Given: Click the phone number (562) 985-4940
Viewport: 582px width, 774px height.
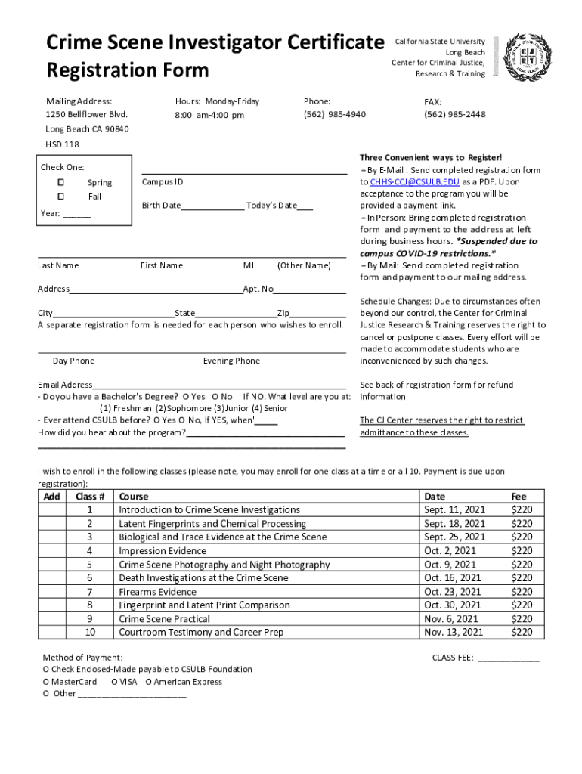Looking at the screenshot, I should (334, 115).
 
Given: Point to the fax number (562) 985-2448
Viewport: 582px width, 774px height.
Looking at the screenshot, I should (455, 115).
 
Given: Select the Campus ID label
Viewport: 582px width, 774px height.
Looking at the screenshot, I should (163, 182).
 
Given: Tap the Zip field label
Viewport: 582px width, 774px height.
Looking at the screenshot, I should (283, 313).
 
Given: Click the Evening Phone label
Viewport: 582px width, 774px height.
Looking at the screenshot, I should (231, 361).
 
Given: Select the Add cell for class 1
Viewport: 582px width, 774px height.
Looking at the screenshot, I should (52, 510).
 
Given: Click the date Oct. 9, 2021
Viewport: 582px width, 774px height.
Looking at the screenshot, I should (450, 565).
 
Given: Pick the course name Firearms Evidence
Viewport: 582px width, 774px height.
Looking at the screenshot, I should (157, 592).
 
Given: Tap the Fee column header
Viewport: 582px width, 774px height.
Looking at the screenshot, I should (519, 497).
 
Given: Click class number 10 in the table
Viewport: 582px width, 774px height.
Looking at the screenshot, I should (90, 633).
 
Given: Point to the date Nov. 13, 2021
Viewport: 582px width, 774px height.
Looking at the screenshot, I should (454, 633).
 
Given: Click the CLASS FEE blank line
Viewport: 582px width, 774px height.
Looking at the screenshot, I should (509, 658).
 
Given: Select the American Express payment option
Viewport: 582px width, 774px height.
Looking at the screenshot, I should (184, 682).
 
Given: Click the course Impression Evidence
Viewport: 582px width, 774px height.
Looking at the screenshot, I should (163, 551).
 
